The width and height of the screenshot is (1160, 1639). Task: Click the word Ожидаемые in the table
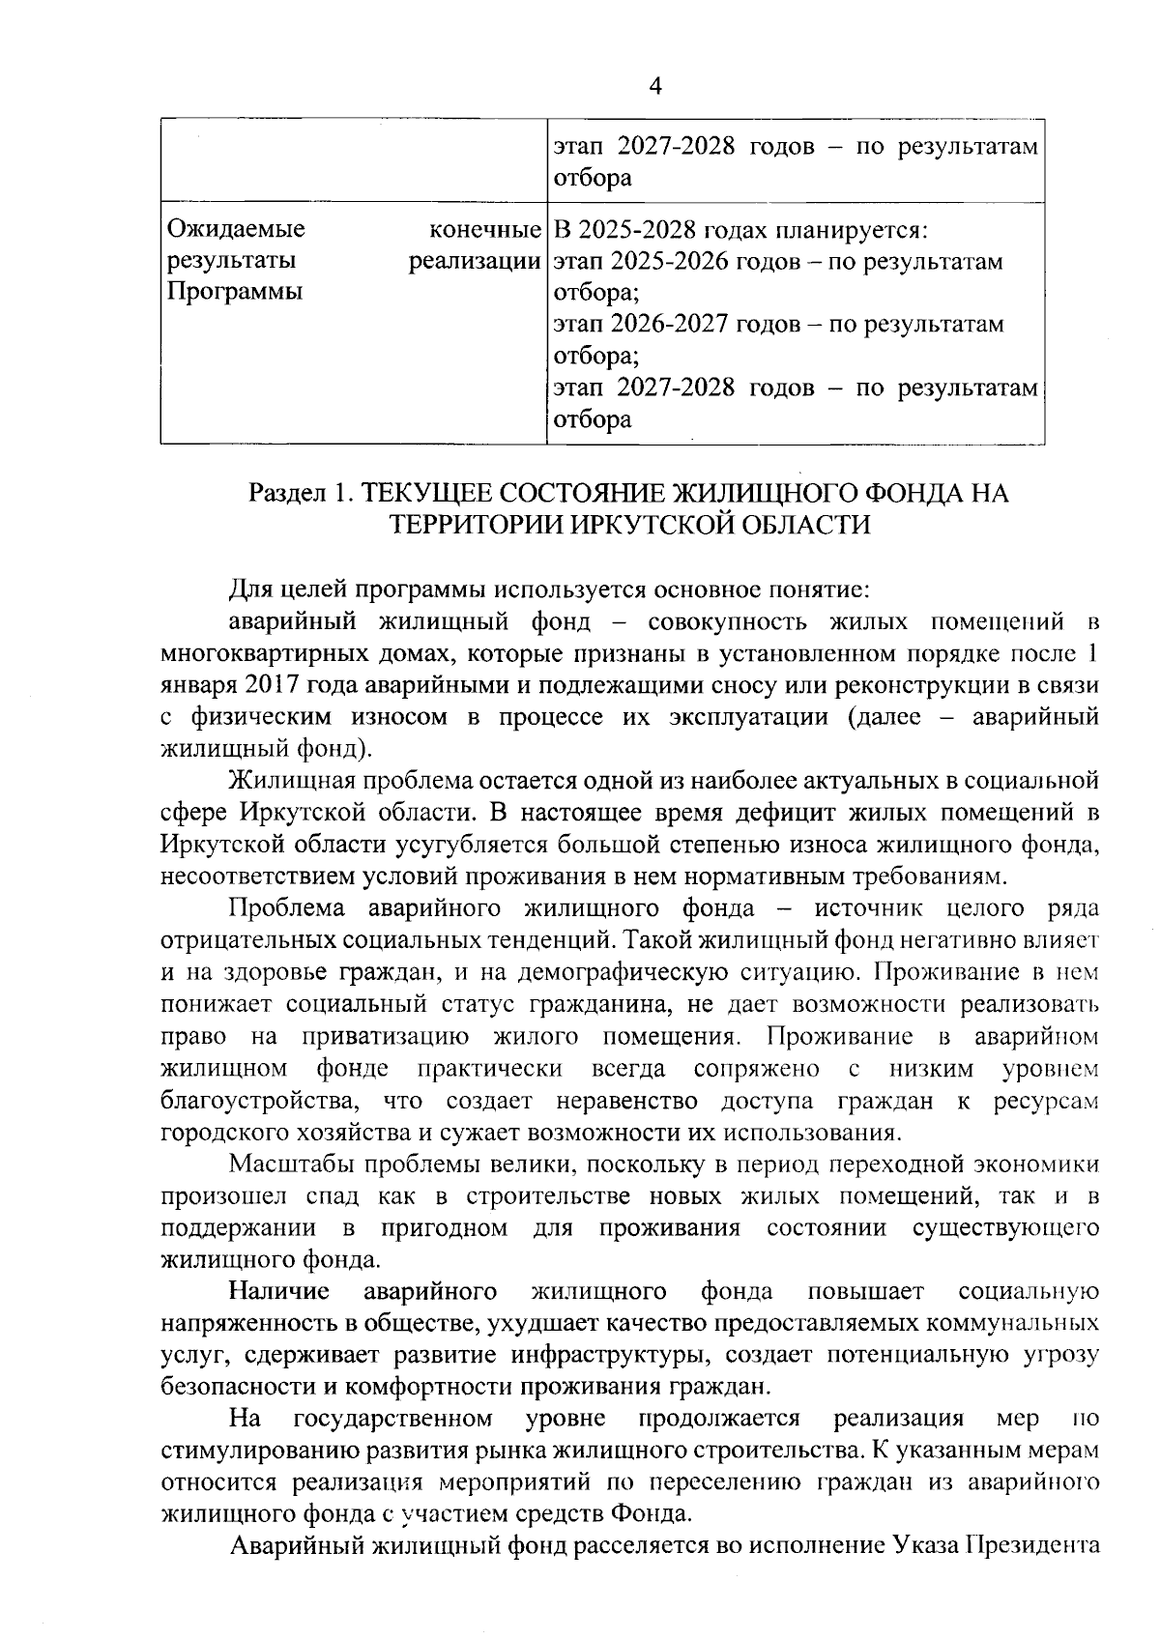(x=236, y=229)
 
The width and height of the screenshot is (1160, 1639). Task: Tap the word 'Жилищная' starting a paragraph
(x=289, y=780)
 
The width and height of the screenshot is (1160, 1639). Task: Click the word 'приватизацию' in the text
(x=386, y=1037)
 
